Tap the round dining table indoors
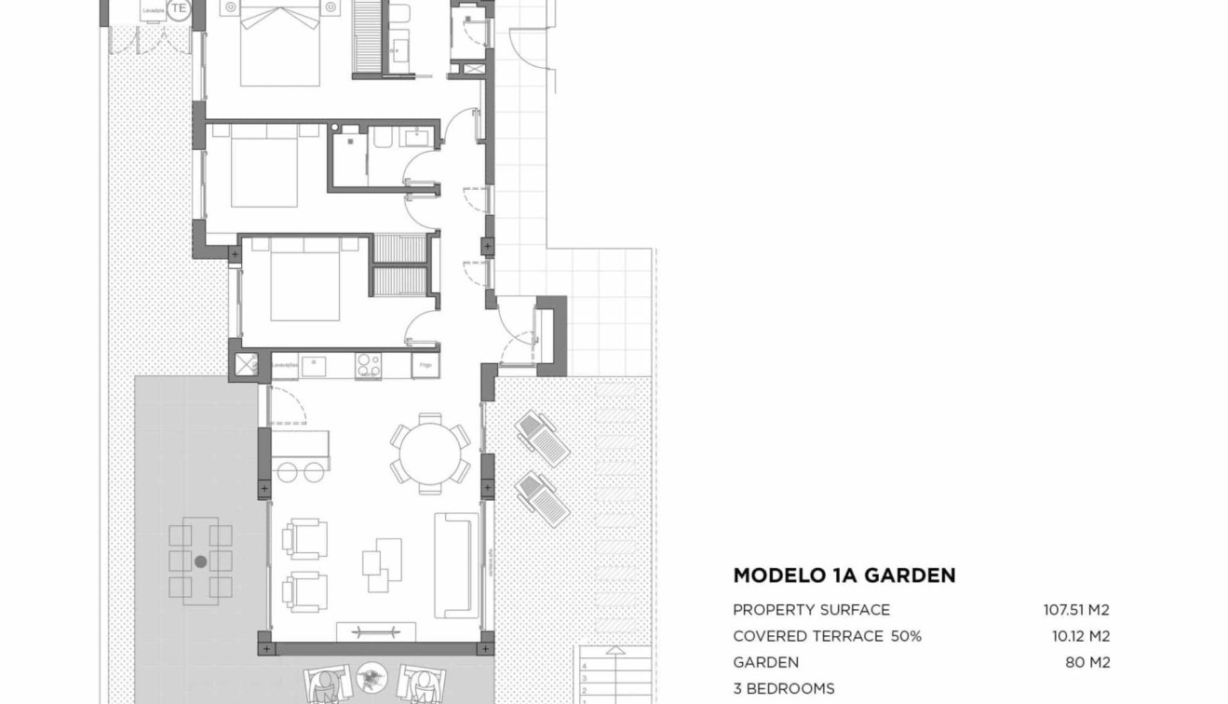coord(429,454)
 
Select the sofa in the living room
coord(456,564)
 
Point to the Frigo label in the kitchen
coord(425,366)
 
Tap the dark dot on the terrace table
coord(200,562)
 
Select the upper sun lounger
coord(543,439)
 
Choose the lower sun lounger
coord(542,498)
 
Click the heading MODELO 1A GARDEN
coord(843,575)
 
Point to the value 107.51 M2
coord(1075,610)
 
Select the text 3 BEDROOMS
coord(783,689)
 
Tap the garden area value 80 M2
coord(1086,663)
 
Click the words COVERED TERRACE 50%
coord(827,637)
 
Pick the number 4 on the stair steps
coord(585,667)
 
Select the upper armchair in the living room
coord(304,538)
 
